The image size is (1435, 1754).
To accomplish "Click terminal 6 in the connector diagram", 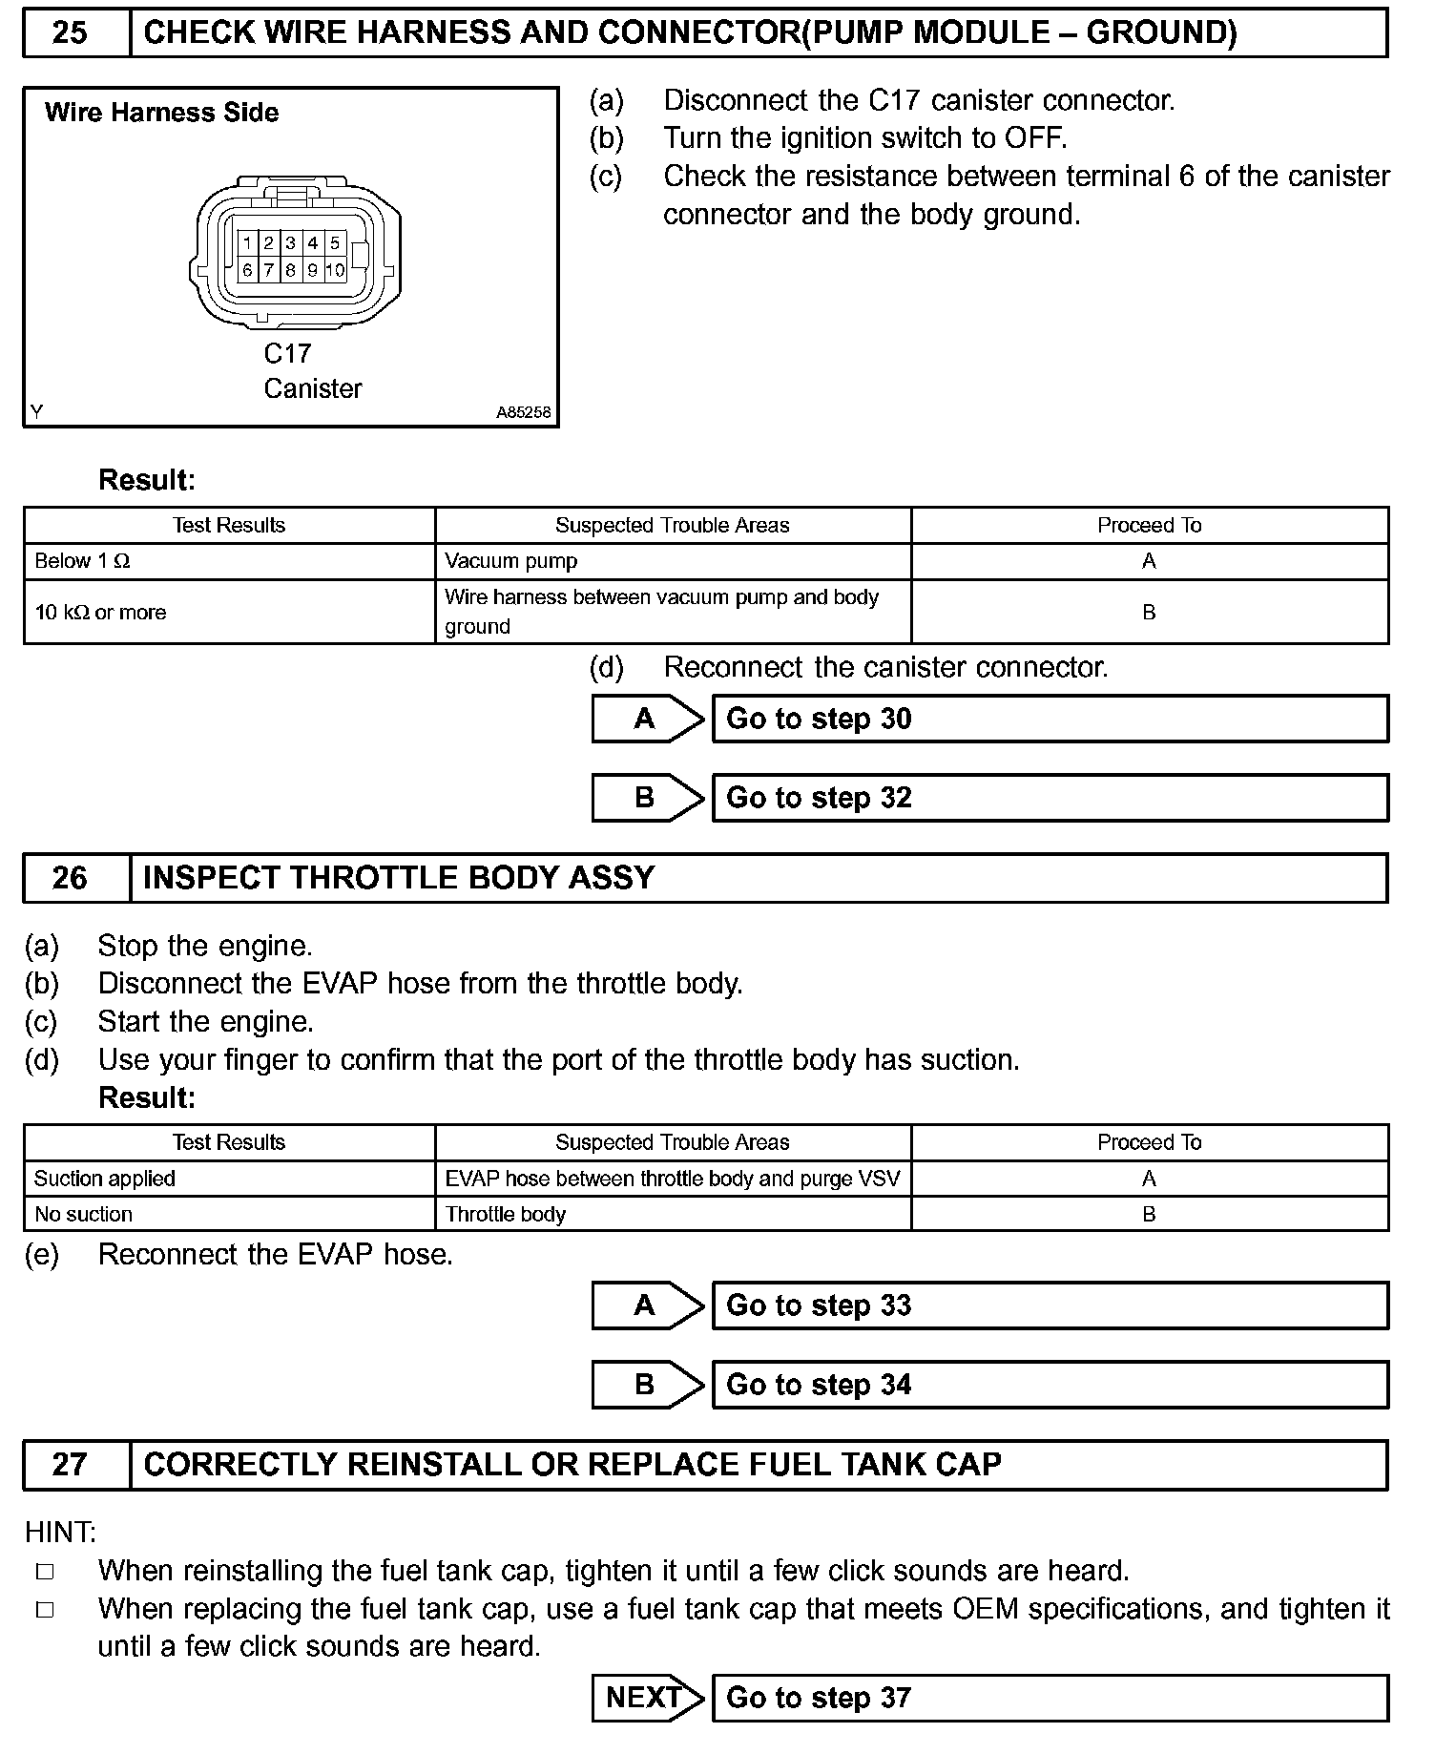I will tap(247, 270).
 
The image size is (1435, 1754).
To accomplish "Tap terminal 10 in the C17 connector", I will tap(335, 270).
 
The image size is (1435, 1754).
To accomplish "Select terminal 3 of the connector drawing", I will tap(290, 243).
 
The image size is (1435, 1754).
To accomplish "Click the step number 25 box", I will tap(70, 33).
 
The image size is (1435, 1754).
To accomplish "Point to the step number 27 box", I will tap(70, 1464).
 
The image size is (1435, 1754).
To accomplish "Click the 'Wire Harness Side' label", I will tap(161, 113).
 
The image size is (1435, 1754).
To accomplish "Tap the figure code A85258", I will tap(523, 413).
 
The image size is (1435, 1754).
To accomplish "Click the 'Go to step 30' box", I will tap(1050, 719).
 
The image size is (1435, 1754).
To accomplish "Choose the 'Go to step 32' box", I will tap(1050, 798).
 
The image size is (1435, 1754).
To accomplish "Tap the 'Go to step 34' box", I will tap(1050, 1385).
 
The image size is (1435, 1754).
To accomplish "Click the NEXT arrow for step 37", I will tap(646, 1698).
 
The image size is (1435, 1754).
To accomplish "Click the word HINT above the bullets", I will tap(60, 1533).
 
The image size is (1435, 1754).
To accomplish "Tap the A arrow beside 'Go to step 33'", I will tap(646, 1305).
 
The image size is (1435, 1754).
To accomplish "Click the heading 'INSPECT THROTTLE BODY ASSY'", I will tap(399, 878).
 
